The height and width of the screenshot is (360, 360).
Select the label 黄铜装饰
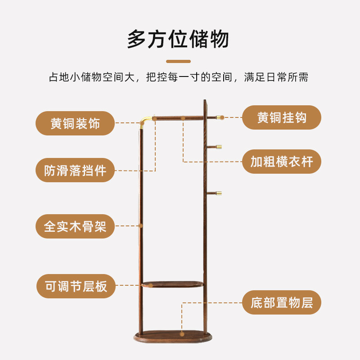75,123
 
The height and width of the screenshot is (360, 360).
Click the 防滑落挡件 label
75,170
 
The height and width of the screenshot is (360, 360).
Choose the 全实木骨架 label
75,226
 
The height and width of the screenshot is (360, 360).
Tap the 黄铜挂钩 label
282,117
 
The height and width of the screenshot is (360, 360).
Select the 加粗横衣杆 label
282,162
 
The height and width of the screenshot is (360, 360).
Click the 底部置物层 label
282,302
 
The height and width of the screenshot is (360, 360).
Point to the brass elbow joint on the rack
145,121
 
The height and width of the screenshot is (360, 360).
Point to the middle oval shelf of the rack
172,284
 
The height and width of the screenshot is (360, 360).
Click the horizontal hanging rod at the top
178,118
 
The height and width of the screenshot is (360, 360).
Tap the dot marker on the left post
141,225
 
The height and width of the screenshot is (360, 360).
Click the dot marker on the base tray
182,334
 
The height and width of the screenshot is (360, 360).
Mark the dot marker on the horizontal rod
183,118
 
